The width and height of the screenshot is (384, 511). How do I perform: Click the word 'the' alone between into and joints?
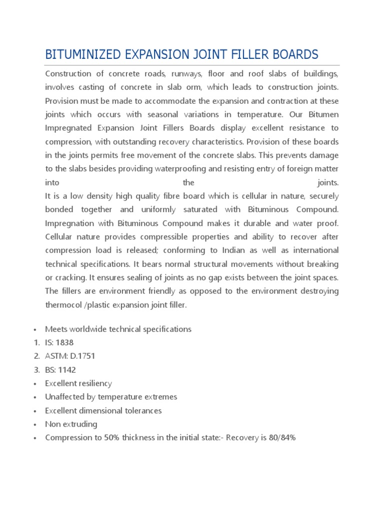point(188,183)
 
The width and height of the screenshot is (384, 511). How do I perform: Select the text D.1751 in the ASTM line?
point(81,356)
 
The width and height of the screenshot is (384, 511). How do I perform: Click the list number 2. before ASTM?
point(36,356)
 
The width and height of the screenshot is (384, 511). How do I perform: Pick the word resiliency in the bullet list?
point(94,383)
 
